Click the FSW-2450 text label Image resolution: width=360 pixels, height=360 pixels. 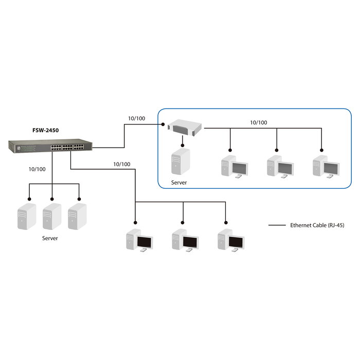pyautogui.click(x=44, y=131)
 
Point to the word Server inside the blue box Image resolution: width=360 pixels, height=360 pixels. pyautogui.click(x=179, y=183)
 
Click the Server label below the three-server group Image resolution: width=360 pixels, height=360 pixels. pyautogui.click(x=50, y=239)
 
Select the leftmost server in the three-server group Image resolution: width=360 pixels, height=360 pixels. pyautogui.click(x=27, y=217)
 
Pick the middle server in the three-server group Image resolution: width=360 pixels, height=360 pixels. pyautogui.click(x=51, y=217)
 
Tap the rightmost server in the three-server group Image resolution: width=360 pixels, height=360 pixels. pyautogui.click(x=77, y=217)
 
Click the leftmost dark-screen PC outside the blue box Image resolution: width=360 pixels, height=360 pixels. pyautogui.click(x=139, y=241)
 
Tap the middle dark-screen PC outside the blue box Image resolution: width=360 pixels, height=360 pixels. pyautogui.click(x=185, y=241)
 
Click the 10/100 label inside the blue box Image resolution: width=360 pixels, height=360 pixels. pyautogui.click(x=258, y=122)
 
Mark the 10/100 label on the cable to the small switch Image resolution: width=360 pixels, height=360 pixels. pyautogui.click(x=136, y=118)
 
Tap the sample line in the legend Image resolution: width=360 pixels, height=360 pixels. pyautogui.click(x=278, y=225)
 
